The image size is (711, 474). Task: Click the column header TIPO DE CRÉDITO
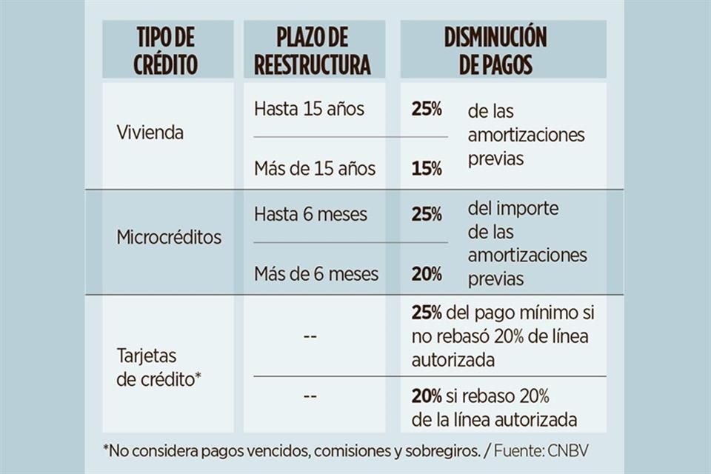(x=166, y=50)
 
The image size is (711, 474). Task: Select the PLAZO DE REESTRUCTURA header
(x=312, y=50)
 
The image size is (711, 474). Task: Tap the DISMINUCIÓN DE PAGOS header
(x=495, y=50)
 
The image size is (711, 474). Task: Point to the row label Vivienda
(x=150, y=133)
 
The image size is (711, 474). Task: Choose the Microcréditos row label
(x=169, y=238)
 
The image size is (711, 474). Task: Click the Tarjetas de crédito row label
(x=159, y=367)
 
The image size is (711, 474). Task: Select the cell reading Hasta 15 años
(x=309, y=109)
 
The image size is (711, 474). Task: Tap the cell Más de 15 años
(x=314, y=168)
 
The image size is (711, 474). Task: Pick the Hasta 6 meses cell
(x=310, y=214)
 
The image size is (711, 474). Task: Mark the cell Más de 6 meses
(x=316, y=274)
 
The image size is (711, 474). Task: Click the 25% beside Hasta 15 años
(x=427, y=109)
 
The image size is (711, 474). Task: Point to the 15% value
(x=427, y=168)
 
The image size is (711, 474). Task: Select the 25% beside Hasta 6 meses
(x=427, y=214)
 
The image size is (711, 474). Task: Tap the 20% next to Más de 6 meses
(x=427, y=274)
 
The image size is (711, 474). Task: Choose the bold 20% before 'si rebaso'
(x=427, y=395)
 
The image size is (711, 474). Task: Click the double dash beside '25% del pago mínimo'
(x=310, y=336)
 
